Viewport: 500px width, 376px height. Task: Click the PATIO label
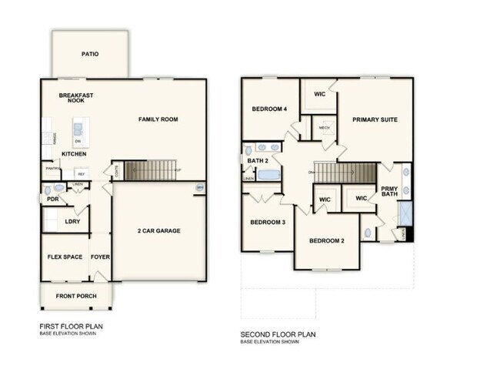(90, 54)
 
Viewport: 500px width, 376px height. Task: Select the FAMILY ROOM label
(158, 119)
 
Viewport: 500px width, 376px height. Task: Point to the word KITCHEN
(74, 154)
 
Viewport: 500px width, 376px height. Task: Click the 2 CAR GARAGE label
(159, 231)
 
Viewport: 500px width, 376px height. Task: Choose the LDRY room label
(73, 222)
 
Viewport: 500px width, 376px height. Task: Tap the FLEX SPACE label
(65, 257)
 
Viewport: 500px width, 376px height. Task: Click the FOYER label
(100, 257)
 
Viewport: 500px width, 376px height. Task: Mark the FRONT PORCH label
(75, 295)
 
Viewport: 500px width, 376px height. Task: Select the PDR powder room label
(52, 199)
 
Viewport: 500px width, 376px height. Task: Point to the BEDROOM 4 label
(269, 109)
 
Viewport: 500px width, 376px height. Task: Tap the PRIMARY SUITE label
(375, 119)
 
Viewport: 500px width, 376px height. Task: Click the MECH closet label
(324, 128)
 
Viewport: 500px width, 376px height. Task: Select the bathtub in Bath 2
(269, 175)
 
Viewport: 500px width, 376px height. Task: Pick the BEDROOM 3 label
(268, 223)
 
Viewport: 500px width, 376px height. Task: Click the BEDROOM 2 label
(327, 240)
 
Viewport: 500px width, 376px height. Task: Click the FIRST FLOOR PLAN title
(71, 326)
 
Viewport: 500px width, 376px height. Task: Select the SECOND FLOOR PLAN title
(278, 334)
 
